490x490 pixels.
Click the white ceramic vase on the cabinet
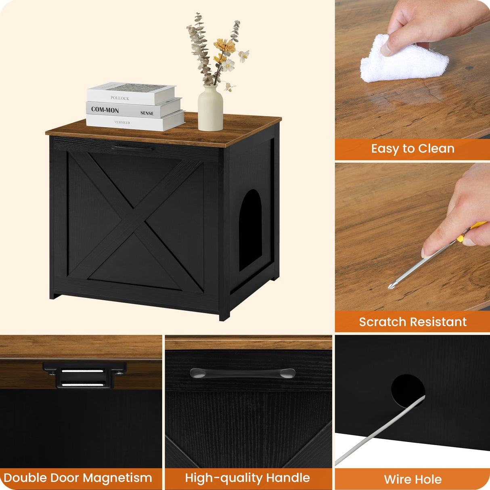(x=210, y=109)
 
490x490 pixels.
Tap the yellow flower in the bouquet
(x=224, y=46)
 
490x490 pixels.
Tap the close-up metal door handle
(x=242, y=373)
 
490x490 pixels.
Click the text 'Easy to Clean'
(x=413, y=149)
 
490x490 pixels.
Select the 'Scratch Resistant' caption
(x=413, y=322)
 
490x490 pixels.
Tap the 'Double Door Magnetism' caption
(x=78, y=478)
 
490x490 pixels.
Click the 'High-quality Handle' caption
(x=247, y=478)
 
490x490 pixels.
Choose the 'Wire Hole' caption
(x=413, y=479)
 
